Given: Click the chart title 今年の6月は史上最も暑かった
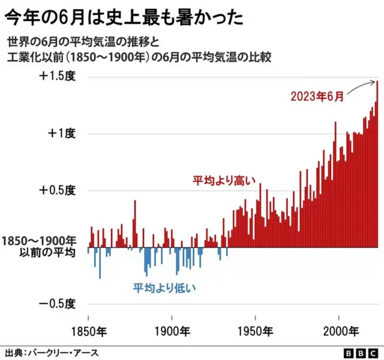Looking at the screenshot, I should click(125, 17).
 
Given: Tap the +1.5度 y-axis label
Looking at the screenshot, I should click(58, 77).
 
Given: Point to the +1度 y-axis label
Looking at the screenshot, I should click(61, 134).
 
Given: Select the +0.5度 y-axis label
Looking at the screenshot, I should click(58, 190).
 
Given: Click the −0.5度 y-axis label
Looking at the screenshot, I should click(58, 304).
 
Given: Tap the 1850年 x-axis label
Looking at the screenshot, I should click(88, 331).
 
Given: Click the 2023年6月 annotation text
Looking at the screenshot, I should click(317, 96).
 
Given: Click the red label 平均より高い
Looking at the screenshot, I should click(224, 179).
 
